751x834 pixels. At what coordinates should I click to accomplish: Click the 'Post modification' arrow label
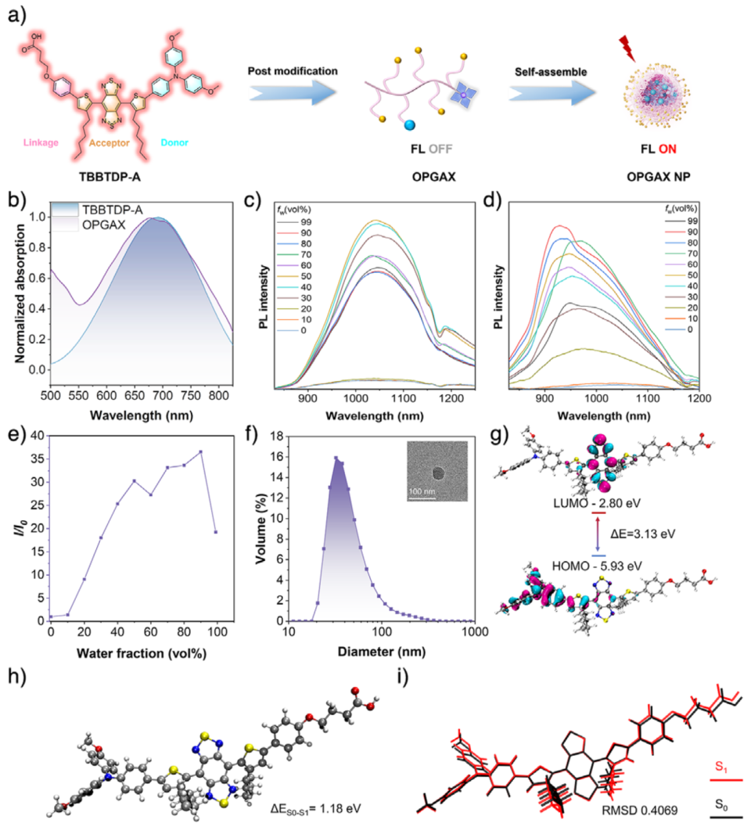point(293,71)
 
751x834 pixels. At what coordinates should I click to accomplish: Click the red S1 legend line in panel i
point(727,780)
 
